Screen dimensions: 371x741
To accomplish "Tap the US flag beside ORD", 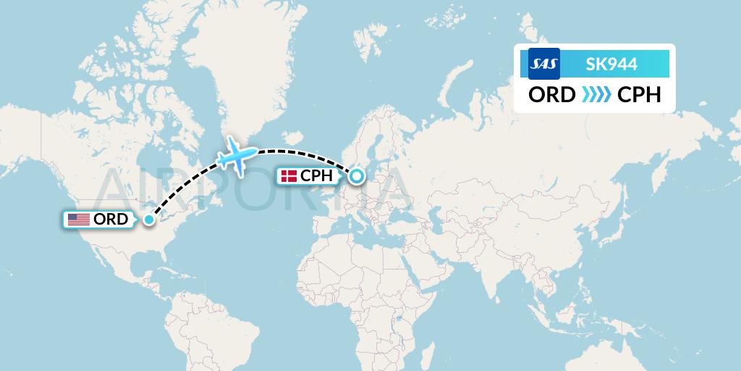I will (x=78, y=219).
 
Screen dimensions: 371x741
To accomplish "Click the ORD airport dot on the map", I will (x=149, y=220).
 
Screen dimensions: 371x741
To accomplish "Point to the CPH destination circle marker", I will (x=356, y=175).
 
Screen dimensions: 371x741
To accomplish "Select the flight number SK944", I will (x=611, y=64).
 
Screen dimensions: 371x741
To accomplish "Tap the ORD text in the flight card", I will (x=551, y=95).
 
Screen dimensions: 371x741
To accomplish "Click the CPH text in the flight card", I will (x=639, y=95).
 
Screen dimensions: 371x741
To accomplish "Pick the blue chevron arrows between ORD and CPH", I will (x=596, y=95).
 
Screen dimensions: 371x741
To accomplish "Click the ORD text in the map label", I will (x=111, y=219).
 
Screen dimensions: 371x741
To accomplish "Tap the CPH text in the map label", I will (x=316, y=176).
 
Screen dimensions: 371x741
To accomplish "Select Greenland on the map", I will (x=239, y=72).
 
